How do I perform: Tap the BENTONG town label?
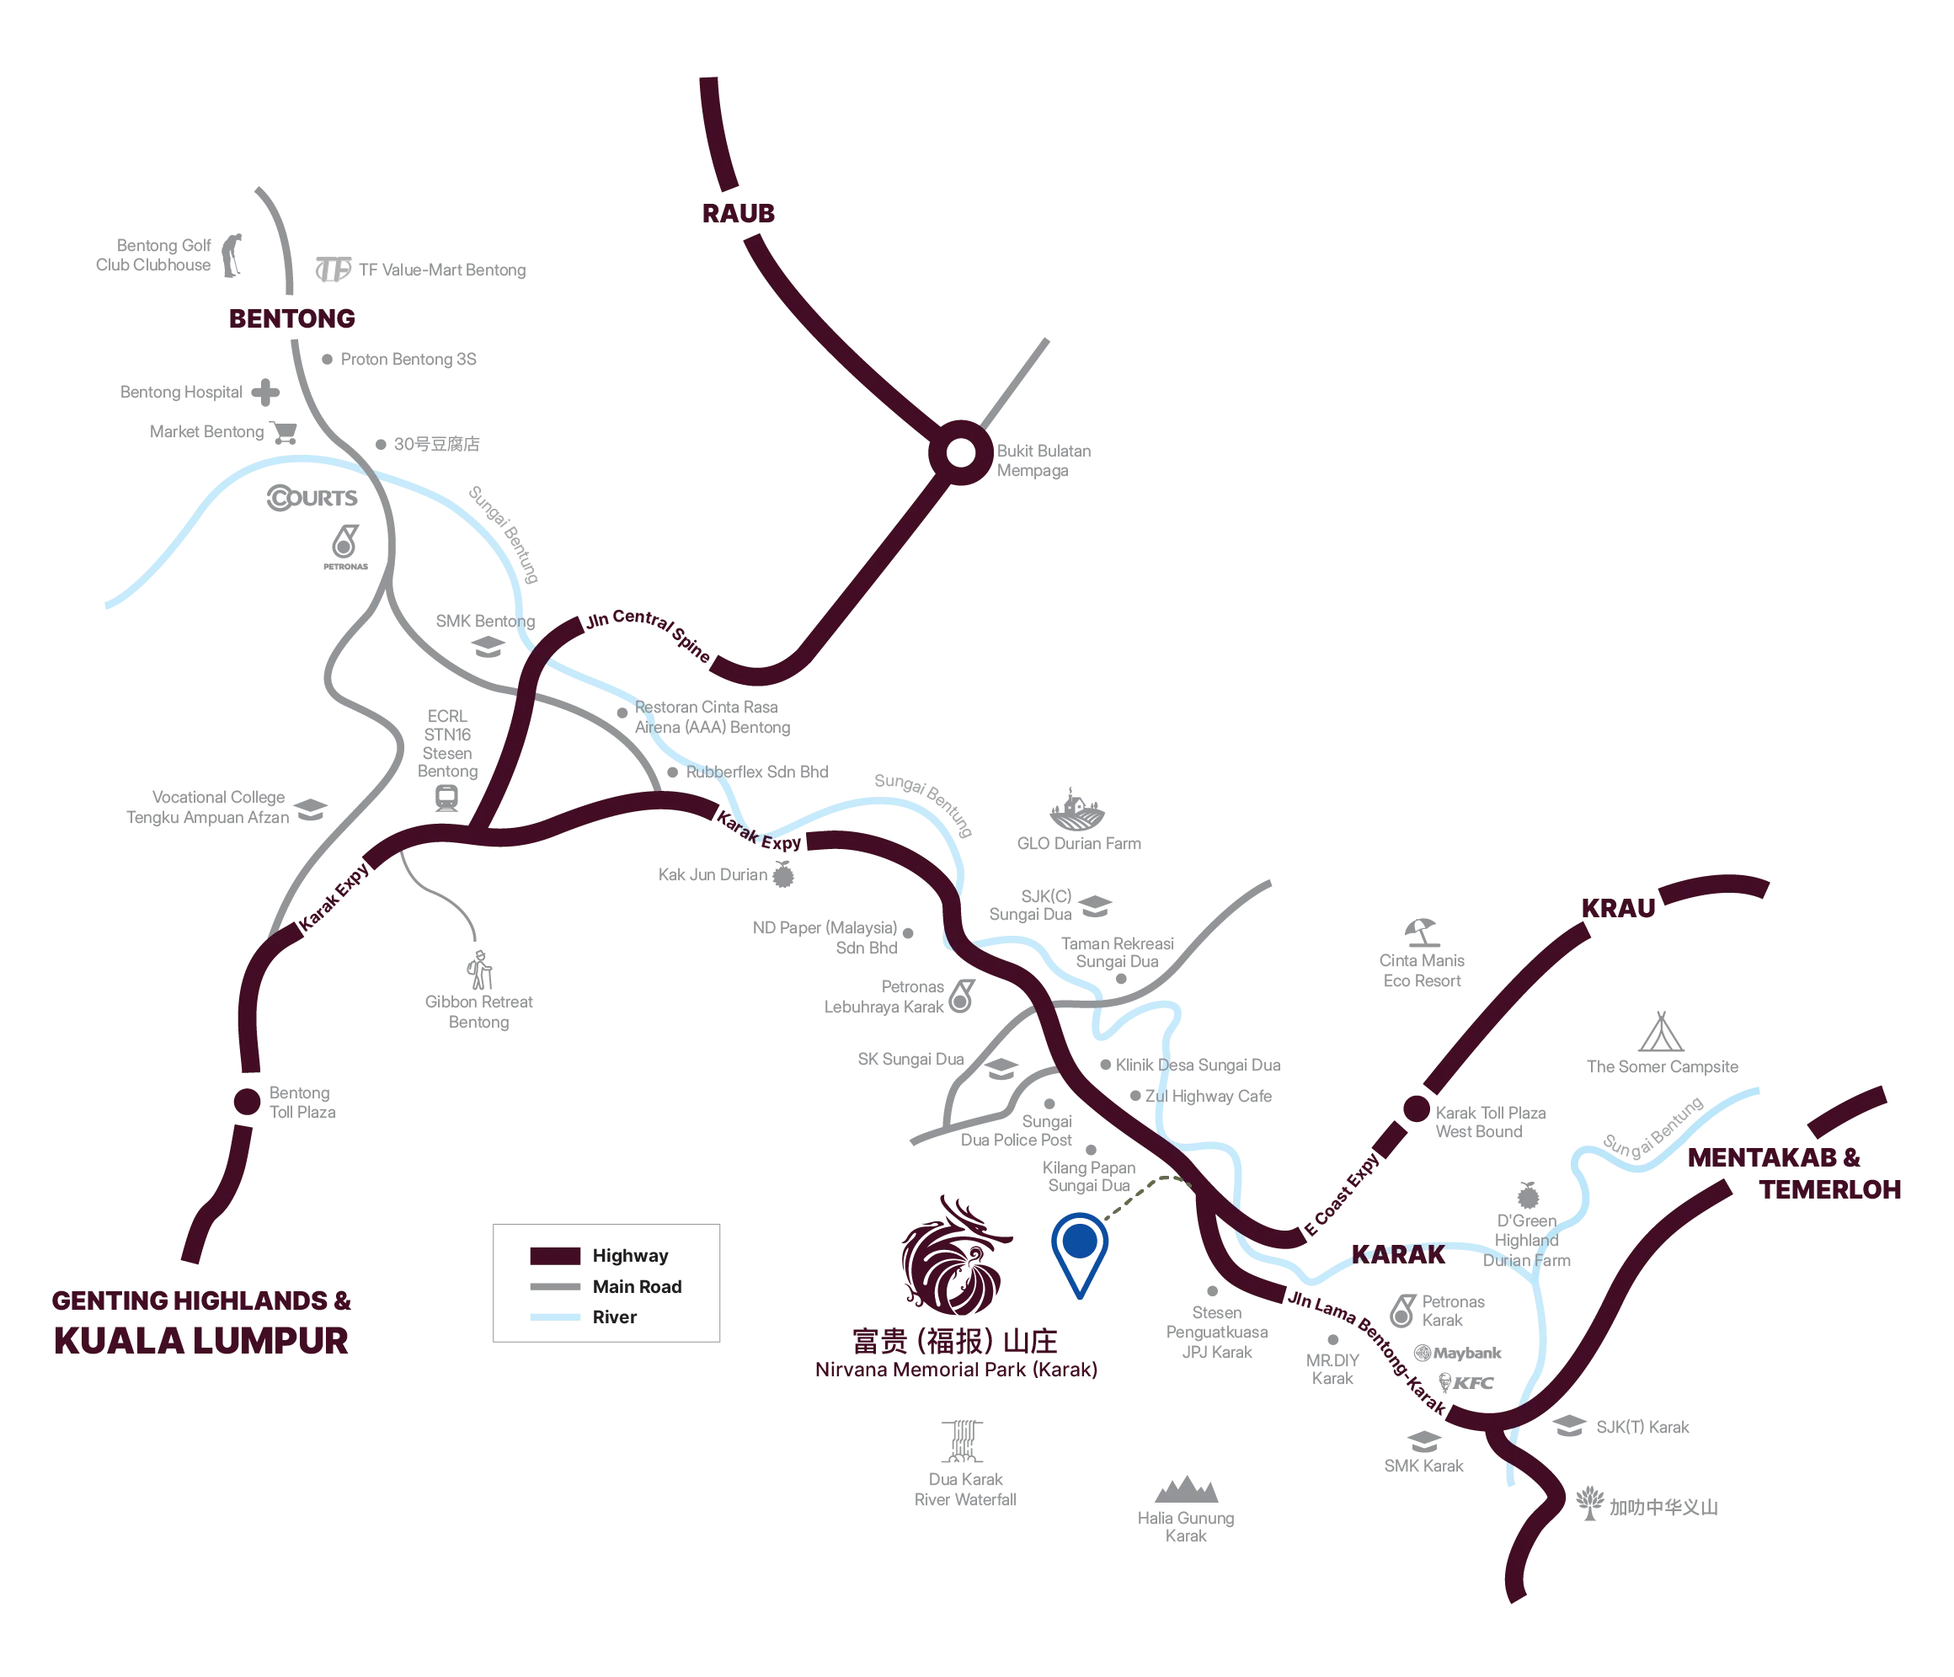coord(292,318)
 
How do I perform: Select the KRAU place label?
coord(1617,909)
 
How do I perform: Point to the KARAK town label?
coord(1397,1254)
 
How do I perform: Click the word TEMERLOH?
coord(1830,1190)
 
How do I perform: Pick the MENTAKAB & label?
coord(1774,1159)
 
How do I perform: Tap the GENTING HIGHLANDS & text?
coord(202,1300)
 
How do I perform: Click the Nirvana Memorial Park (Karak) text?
coord(956,1370)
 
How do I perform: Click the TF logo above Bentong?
coord(332,270)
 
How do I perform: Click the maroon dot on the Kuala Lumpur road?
coord(247,1102)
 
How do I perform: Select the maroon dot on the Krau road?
coord(1416,1109)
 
